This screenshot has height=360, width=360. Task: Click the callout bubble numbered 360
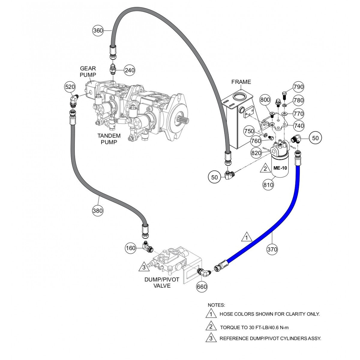point(98,31)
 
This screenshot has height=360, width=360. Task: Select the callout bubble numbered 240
point(130,70)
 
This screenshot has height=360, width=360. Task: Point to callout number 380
point(98,211)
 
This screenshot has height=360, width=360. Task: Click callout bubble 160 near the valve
point(131,248)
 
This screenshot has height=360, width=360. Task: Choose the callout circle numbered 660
point(202,287)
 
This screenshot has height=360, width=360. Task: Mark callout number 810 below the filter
point(268,185)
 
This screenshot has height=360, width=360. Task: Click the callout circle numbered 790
point(298,87)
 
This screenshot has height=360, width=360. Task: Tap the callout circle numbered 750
point(249,131)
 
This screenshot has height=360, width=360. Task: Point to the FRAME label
point(241,82)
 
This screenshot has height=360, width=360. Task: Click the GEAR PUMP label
point(88,72)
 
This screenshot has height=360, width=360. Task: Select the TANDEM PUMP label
point(107,139)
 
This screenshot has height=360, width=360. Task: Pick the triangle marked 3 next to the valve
point(144,267)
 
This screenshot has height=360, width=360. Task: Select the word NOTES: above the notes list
point(216,305)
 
